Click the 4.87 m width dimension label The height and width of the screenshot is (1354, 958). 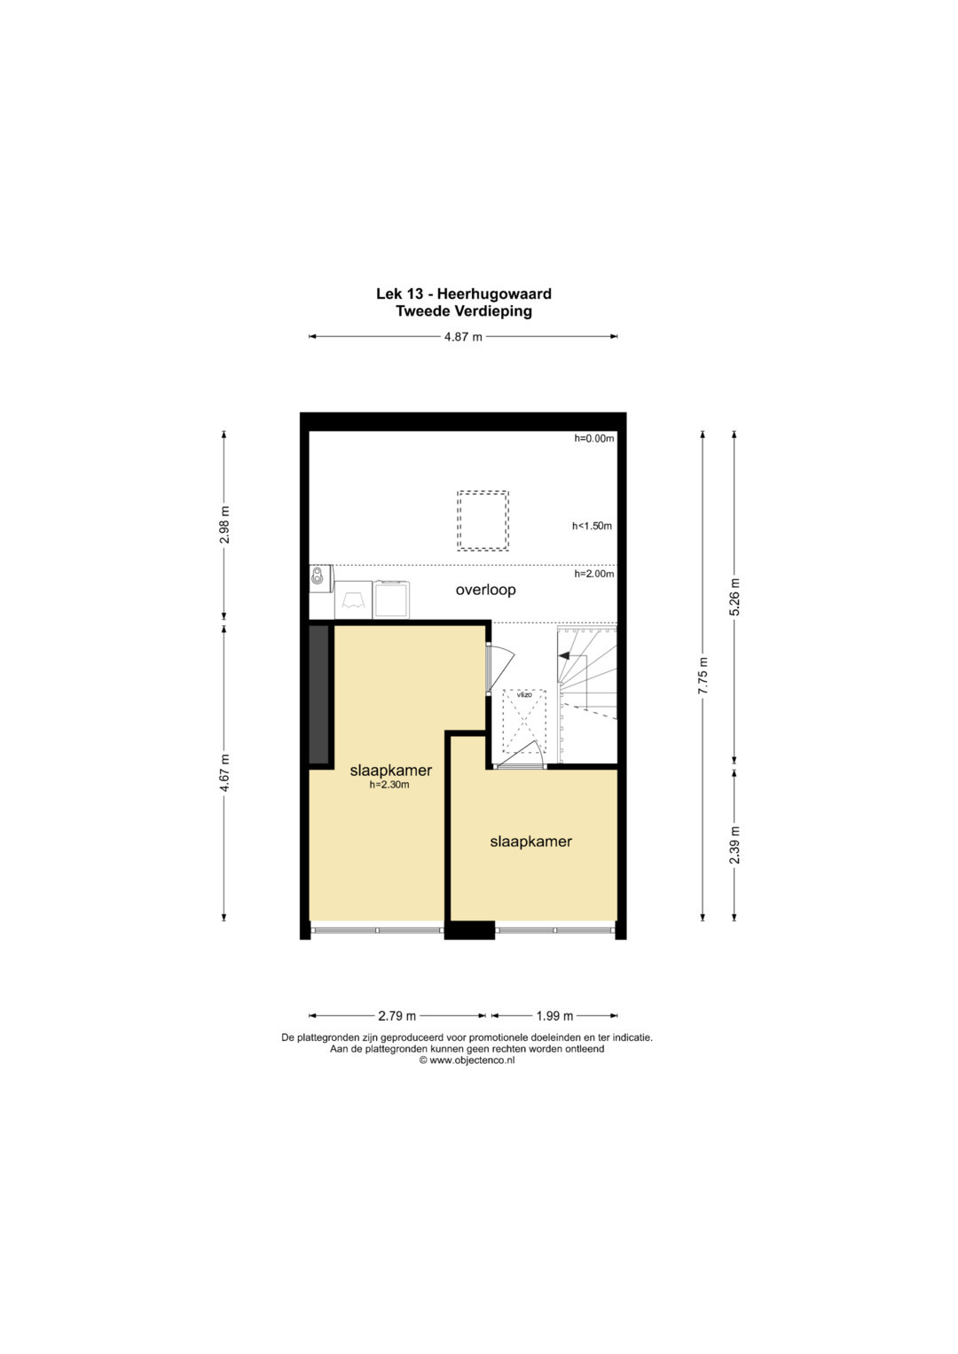[x=463, y=337]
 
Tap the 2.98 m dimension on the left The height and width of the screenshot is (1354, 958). [x=224, y=525]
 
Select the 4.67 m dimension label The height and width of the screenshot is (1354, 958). [x=224, y=773]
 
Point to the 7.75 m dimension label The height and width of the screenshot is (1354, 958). [x=703, y=676]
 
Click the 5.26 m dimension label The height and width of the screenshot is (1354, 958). [x=734, y=598]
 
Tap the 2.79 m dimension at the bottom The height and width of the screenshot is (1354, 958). [x=397, y=1015]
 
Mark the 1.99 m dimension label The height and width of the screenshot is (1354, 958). [x=554, y=1015]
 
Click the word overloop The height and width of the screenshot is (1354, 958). [x=486, y=590]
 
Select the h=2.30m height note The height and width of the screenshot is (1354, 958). [x=389, y=786]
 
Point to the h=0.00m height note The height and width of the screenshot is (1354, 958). [x=594, y=438]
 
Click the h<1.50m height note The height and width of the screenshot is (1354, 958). [x=593, y=526]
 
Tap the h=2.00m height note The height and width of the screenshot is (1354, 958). [x=594, y=574]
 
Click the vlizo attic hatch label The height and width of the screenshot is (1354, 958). [x=524, y=695]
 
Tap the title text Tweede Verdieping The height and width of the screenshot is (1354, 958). [x=464, y=311]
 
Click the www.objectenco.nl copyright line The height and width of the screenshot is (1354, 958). [x=467, y=1060]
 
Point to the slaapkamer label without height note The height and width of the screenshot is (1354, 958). [x=531, y=841]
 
